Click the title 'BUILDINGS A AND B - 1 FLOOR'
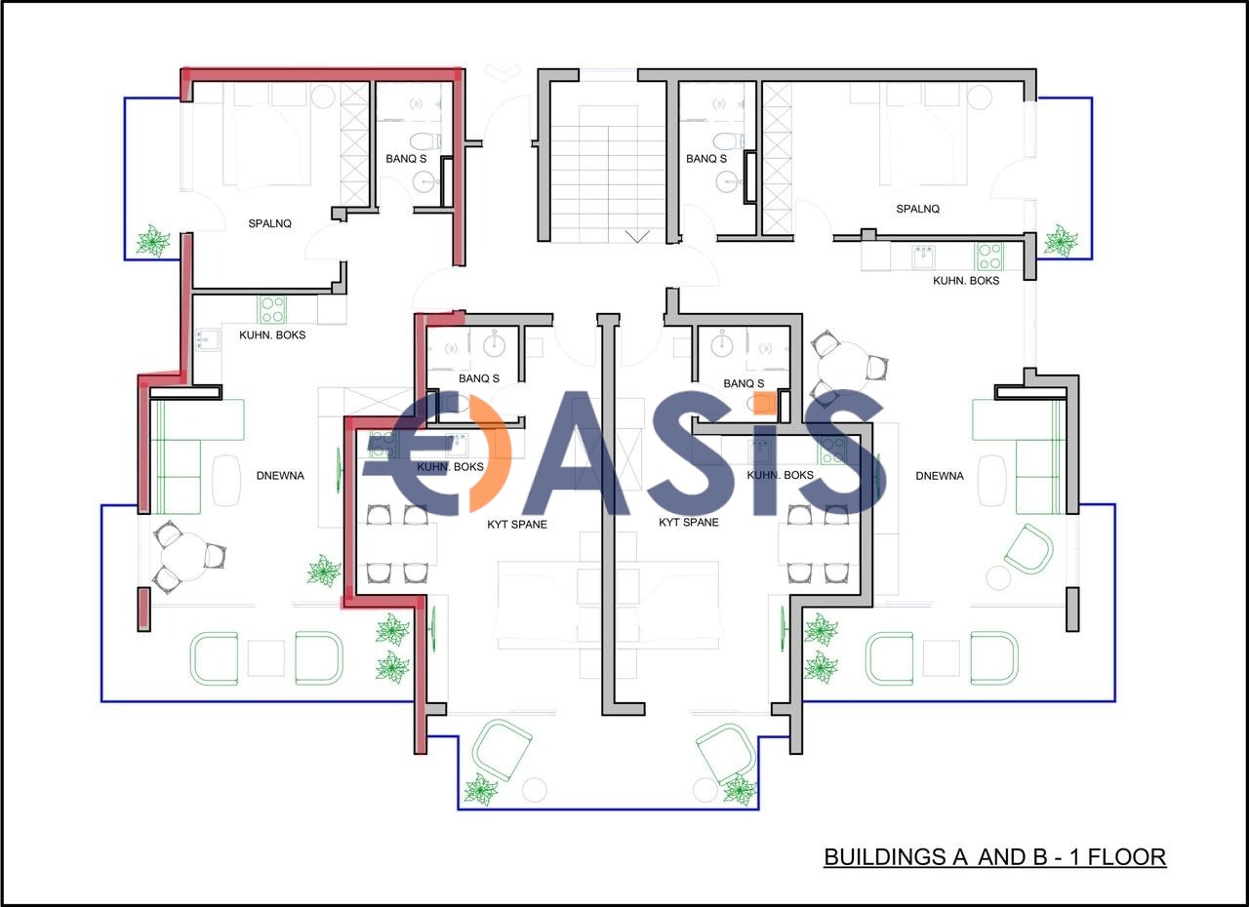(994, 856)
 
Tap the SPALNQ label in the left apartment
(270, 223)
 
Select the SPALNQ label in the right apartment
(918, 209)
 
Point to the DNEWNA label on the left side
(280, 476)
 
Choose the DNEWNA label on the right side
(940, 476)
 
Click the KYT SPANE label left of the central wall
(517, 525)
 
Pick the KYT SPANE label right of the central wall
(689, 522)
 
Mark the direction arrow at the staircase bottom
(637, 236)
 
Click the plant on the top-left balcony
(153, 241)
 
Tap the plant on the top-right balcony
(1061, 241)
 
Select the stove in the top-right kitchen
(988, 256)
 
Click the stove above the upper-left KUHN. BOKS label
(271, 309)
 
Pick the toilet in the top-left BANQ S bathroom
(424, 139)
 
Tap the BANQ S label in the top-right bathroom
(706, 159)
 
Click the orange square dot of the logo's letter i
(765, 402)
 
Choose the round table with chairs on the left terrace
(184, 556)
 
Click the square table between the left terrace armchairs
(266, 657)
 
